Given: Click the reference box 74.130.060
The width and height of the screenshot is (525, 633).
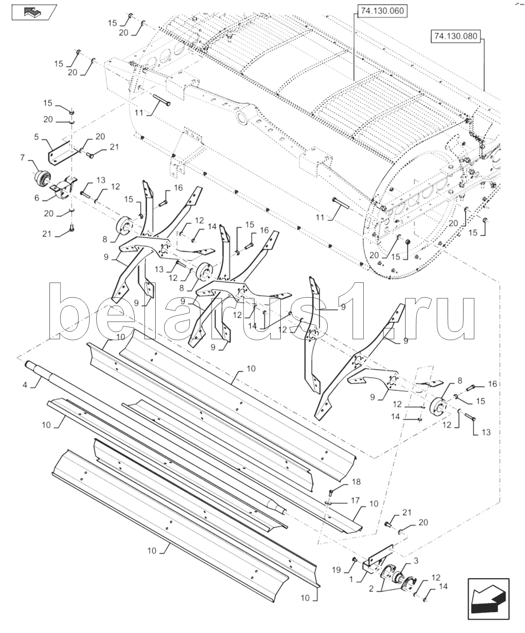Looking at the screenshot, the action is coord(382,11).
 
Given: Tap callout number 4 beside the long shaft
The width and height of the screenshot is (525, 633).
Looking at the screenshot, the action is coord(25,385).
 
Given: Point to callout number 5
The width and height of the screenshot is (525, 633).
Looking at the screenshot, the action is coord(37,136).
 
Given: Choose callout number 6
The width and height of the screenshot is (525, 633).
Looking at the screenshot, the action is coord(37,197).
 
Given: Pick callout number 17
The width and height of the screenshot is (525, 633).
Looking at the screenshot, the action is coord(355,501).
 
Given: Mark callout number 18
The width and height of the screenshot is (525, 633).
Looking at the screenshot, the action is coord(356,482).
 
